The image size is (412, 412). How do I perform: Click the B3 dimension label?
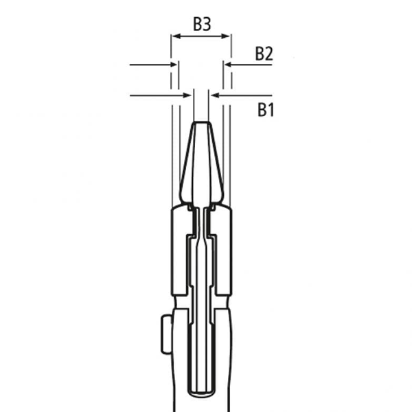(201, 24)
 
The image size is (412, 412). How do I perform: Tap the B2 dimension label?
(264, 54)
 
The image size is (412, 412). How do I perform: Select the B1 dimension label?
(264, 108)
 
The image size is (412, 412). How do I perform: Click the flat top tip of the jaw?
(201, 124)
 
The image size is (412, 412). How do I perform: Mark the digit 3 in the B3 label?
(207, 24)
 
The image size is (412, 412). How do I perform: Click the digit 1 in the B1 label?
(271, 108)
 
